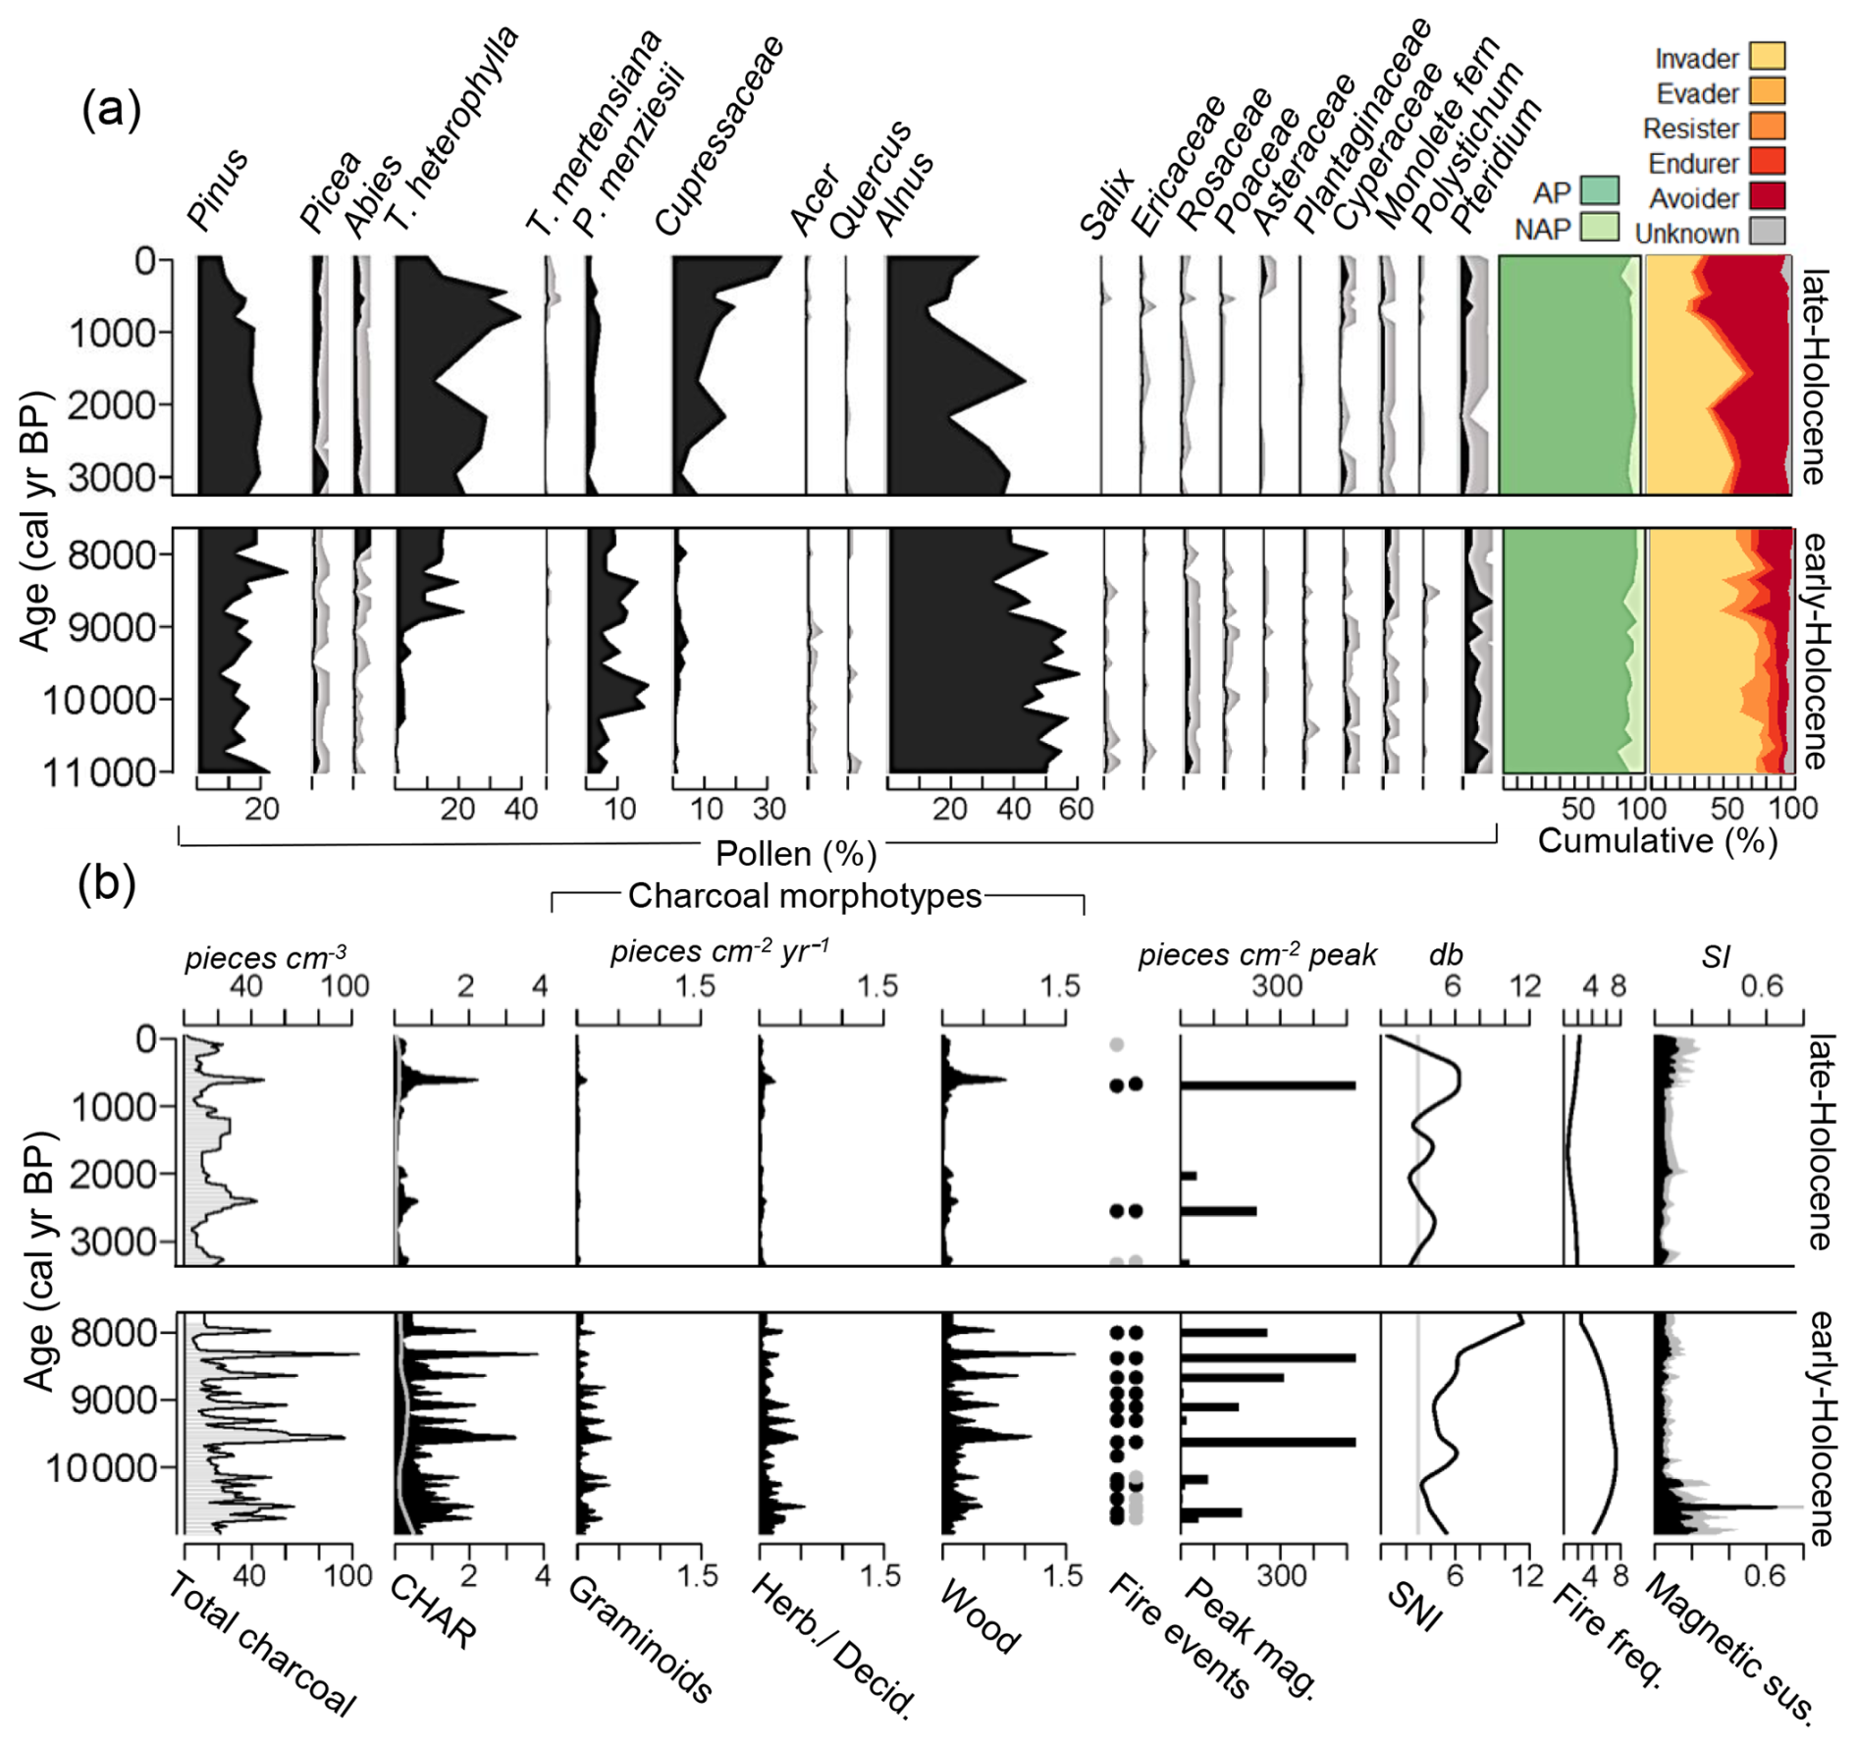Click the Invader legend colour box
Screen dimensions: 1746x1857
(x=1767, y=56)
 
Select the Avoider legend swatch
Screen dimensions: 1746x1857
(x=1767, y=196)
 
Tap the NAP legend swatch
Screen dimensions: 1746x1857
(x=1599, y=226)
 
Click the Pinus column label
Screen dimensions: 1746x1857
(x=218, y=191)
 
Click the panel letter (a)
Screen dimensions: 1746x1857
(x=112, y=109)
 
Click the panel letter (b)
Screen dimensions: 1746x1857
(x=107, y=883)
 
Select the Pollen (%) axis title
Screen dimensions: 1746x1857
(x=795, y=854)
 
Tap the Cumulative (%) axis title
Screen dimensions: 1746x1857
(x=1658, y=841)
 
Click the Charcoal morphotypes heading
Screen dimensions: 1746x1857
(x=804, y=895)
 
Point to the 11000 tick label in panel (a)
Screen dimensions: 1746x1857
(x=100, y=773)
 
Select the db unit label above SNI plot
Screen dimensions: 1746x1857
(x=1446, y=955)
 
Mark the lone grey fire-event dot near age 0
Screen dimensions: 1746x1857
(x=1116, y=1044)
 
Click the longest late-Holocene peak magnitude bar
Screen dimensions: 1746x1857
(x=1267, y=1085)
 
